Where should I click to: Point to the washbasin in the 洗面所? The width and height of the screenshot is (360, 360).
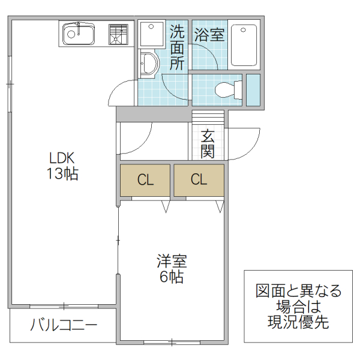pos(148,64)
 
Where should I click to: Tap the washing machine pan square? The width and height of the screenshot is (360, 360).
pos(151,35)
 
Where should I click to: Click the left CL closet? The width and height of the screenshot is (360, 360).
pos(145,179)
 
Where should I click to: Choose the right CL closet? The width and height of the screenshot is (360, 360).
pos(199,179)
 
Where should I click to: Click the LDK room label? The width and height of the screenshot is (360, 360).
pos(61,158)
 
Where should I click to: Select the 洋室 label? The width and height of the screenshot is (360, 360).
pos(172,262)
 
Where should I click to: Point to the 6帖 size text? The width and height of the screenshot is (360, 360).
pos(172,278)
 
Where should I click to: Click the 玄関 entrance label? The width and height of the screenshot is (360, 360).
pos(208,144)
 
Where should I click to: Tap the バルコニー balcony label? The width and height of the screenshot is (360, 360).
pos(64,326)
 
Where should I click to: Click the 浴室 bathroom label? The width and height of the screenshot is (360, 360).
pos(209,35)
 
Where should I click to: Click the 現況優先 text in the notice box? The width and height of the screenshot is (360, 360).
pos(298,322)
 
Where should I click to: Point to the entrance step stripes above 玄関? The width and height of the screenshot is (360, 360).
pos(208,118)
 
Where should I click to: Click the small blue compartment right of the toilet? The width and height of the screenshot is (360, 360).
pos(253,90)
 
